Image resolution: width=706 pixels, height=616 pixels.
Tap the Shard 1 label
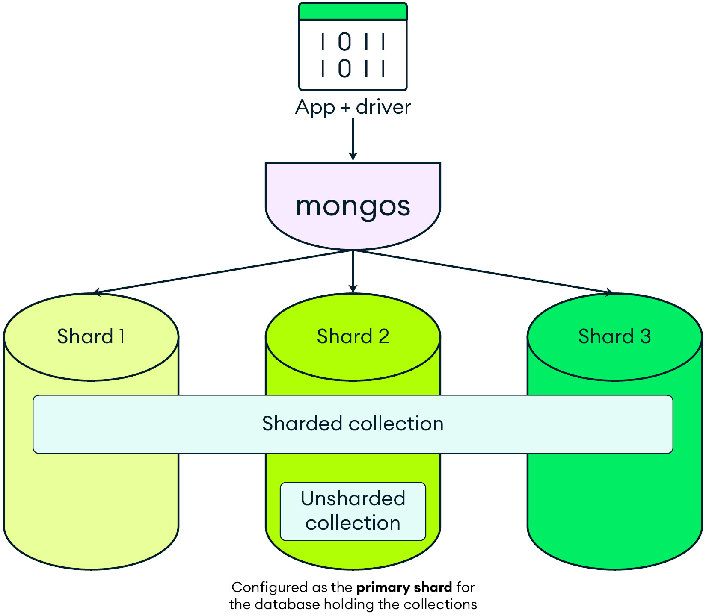tap(91, 336)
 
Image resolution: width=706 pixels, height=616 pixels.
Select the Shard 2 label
tap(353, 336)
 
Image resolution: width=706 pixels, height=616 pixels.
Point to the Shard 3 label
tap(614, 336)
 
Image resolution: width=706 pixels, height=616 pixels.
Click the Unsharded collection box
tap(353, 511)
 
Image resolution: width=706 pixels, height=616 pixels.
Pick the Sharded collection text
tap(353, 424)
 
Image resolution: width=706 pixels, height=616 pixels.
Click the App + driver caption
tap(353, 107)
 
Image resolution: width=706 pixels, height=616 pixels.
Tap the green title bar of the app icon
tap(353, 12)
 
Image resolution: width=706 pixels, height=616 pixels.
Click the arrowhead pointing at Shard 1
tap(97, 292)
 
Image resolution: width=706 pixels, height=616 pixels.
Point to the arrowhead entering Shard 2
tap(353, 289)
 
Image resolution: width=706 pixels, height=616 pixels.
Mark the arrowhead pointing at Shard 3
tap(609, 292)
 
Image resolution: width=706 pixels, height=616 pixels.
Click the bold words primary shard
tap(404, 587)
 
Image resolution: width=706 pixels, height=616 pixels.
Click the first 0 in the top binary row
tap(344, 42)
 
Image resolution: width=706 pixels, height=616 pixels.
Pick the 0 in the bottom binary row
tap(344, 68)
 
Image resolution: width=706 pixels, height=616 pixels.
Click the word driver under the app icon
tap(383, 107)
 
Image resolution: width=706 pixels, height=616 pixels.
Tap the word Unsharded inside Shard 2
tap(353, 498)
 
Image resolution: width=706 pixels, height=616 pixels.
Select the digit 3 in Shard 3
tap(645, 336)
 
